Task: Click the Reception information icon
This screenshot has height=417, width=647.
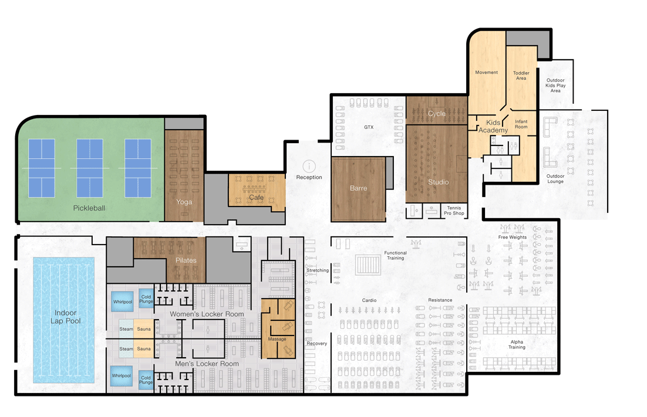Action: tap(309, 166)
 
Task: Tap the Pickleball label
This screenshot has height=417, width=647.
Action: tap(89, 208)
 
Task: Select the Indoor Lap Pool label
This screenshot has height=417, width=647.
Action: tap(66, 317)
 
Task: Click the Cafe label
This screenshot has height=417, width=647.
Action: tap(256, 198)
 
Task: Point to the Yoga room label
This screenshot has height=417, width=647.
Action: tap(184, 202)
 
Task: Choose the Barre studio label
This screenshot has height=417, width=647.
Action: tap(359, 188)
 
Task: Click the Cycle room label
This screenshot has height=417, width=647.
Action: tap(437, 113)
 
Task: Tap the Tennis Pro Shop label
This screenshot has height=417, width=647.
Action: tap(454, 211)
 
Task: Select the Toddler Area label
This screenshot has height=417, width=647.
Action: tap(521, 76)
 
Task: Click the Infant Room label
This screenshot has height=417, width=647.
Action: tap(521, 124)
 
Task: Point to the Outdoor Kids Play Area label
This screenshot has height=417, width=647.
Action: tap(555, 85)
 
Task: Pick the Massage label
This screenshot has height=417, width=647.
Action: tap(277, 339)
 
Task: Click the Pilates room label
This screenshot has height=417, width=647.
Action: tap(186, 260)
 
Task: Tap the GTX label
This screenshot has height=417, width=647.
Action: tap(369, 127)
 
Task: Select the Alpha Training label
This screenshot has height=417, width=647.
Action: tap(517, 344)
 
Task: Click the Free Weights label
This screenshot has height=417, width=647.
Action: tap(513, 238)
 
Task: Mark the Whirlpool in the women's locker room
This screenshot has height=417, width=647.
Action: tap(123, 301)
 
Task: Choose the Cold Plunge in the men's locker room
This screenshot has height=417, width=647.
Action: tap(146, 379)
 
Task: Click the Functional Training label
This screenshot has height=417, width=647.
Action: tap(395, 256)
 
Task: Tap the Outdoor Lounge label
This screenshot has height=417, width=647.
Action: tap(555, 179)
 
